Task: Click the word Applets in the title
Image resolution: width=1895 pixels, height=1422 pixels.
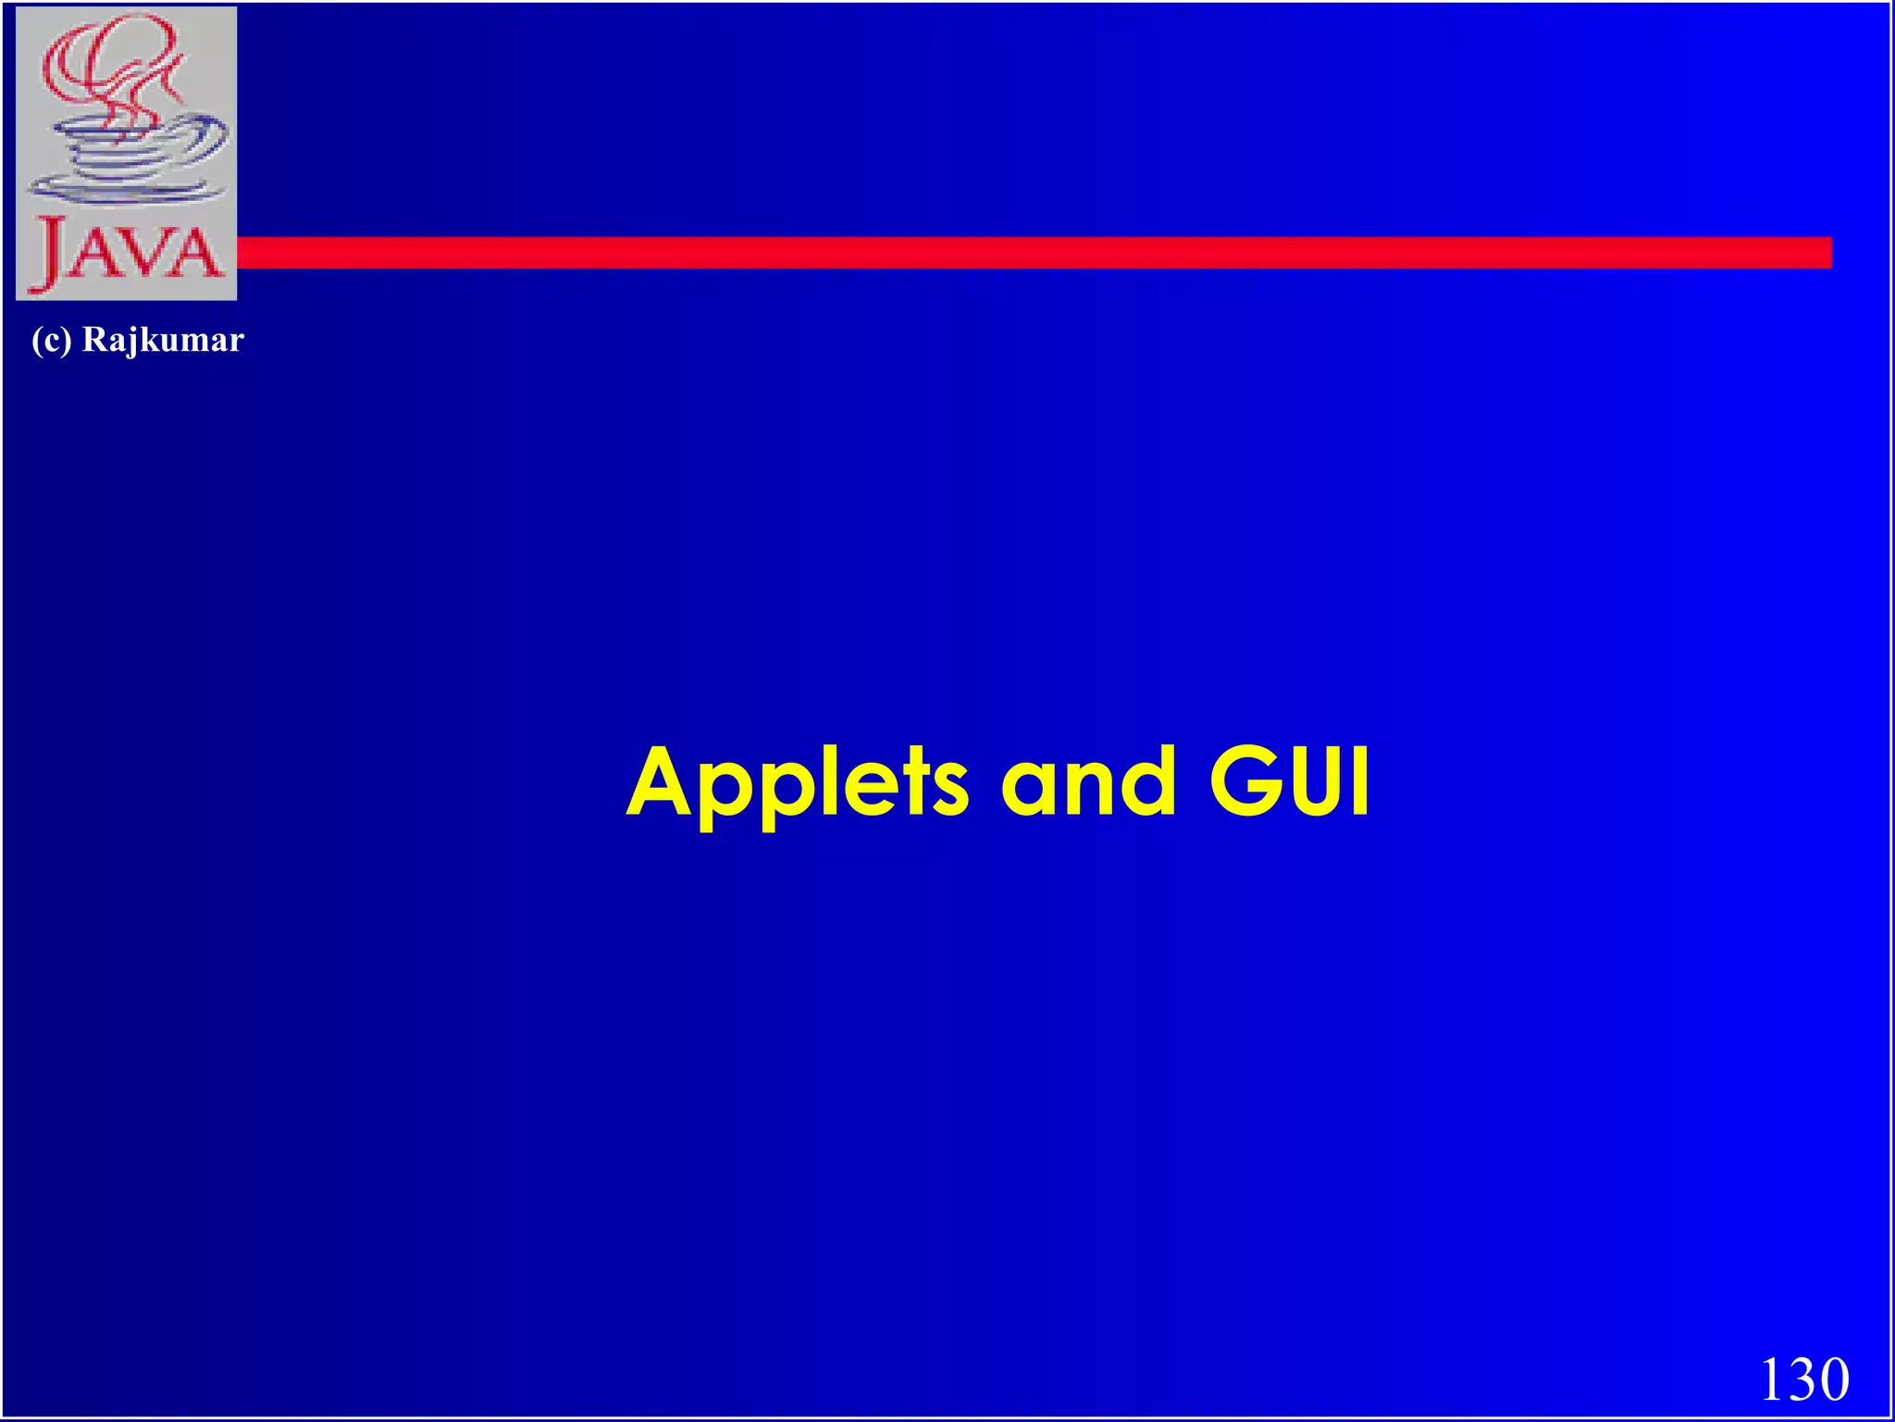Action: point(798,785)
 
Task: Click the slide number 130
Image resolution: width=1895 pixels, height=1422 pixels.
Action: point(1804,1378)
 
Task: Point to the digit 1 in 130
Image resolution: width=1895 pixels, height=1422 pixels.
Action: point(1771,1378)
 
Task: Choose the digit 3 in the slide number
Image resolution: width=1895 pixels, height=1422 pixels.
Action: point(1802,1378)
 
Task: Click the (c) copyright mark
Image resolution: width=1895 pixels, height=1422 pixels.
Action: point(51,341)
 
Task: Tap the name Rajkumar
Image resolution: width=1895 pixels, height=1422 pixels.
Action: point(163,341)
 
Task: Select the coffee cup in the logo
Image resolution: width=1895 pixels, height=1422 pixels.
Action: point(130,157)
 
